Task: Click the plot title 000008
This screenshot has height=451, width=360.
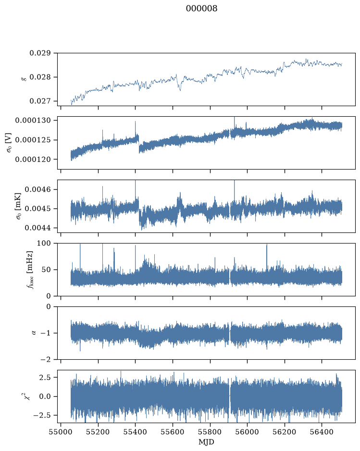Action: click(201, 8)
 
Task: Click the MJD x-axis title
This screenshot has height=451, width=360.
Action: click(206, 441)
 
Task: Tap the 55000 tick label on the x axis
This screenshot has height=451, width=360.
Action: click(61, 432)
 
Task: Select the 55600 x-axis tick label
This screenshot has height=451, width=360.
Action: click(173, 432)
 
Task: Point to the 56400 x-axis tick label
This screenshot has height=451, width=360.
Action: click(322, 432)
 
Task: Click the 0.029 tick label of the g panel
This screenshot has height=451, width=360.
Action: click(40, 53)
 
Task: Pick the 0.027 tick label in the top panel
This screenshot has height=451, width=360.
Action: click(40, 101)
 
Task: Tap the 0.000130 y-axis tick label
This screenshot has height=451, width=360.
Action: click(33, 120)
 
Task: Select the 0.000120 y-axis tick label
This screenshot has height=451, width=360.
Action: click(33, 159)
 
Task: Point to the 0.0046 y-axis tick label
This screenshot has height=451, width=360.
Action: click(37, 189)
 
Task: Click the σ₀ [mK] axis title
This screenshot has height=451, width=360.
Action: click(18, 206)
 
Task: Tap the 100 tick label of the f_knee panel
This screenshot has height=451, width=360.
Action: click(44, 244)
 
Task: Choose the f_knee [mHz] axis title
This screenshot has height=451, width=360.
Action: click(30, 269)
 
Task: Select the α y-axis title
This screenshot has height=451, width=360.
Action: click(34, 333)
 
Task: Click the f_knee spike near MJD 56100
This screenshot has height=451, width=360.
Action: click(267, 256)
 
